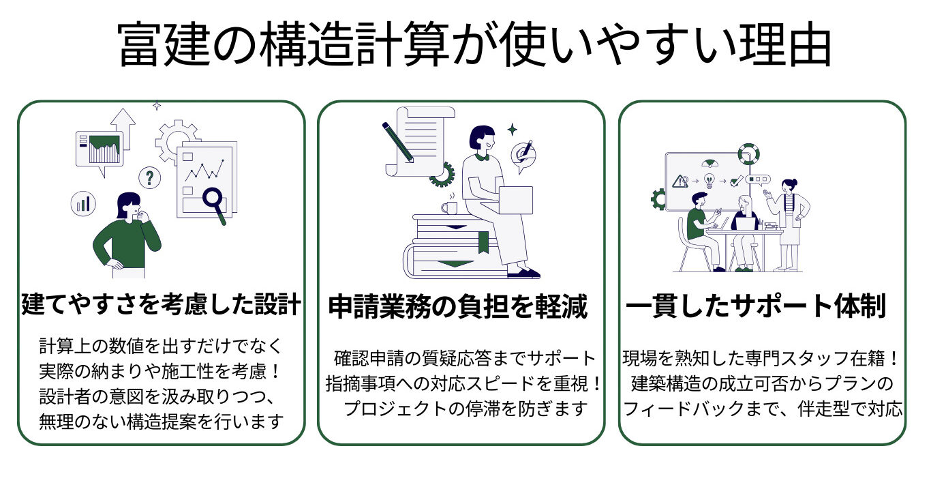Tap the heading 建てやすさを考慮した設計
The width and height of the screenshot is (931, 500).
click(161, 304)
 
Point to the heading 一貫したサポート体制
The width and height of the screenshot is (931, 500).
click(756, 307)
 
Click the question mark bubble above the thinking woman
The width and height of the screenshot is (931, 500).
click(149, 178)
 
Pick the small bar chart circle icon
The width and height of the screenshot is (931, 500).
click(83, 203)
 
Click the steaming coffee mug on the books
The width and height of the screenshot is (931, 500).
click(449, 206)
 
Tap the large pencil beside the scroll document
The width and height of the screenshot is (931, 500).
click(398, 143)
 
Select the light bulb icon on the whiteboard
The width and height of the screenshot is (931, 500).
click(709, 181)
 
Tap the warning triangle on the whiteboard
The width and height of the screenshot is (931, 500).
click(680, 181)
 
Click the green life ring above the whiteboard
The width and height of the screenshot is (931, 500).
click(748, 153)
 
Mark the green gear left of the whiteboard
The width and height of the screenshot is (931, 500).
click(658, 199)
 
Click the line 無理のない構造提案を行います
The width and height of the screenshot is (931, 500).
click(161, 422)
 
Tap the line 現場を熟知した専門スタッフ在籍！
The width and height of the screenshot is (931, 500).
click(762, 357)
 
